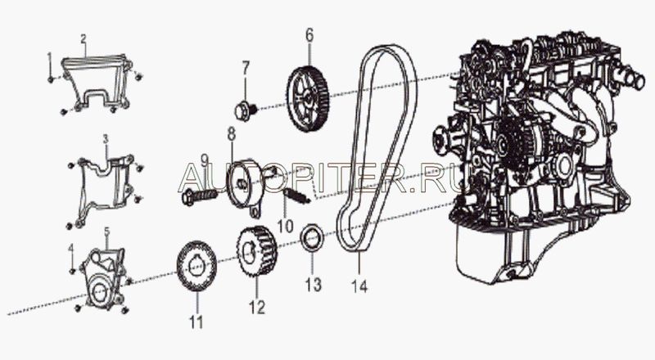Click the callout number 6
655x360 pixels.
click(309, 35)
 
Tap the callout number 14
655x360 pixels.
click(359, 286)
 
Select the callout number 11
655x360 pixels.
click(196, 322)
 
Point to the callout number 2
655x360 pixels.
click(84, 38)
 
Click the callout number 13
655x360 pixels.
click(313, 285)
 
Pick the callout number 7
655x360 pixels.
click(245, 68)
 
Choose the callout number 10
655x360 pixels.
click(286, 227)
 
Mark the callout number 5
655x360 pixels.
click(107, 231)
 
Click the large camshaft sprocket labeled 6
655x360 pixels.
click(309, 98)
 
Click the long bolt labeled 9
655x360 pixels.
click(200, 196)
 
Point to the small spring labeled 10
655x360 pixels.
click(297, 195)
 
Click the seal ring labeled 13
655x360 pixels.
click(313, 238)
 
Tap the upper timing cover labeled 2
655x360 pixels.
click(97, 83)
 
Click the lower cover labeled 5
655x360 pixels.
click(103, 277)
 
